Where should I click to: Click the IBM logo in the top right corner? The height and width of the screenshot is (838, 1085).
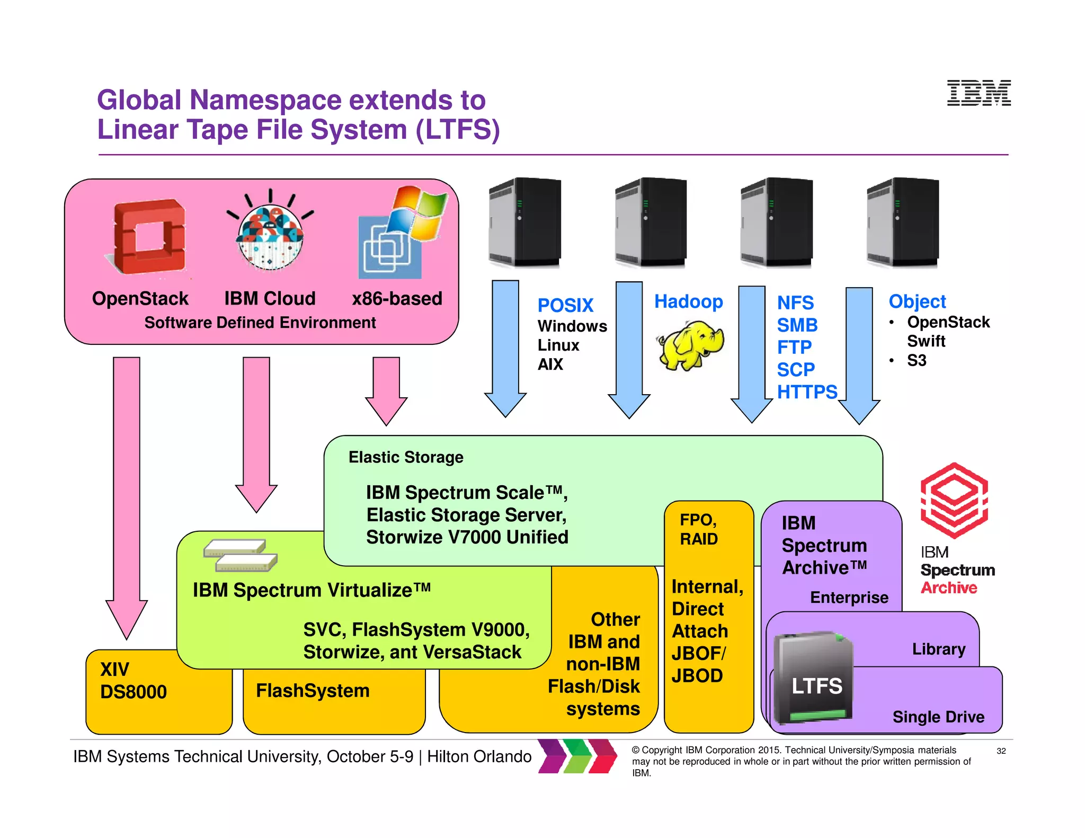tap(979, 93)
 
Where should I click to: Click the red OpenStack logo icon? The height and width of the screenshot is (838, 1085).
tap(149, 236)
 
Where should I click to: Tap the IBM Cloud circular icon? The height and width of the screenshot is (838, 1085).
tap(270, 236)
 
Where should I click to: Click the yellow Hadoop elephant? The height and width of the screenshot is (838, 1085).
tap(690, 345)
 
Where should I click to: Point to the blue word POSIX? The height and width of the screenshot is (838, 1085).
tap(565, 306)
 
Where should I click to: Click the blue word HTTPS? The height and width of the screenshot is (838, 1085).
tap(807, 392)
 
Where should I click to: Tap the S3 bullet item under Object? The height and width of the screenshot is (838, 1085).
tap(917, 361)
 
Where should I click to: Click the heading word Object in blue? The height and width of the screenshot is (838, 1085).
tap(917, 301)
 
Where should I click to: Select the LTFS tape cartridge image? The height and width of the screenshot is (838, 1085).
tap(814, 678)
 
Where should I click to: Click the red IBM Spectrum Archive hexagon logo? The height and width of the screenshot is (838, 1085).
tap(954, 500)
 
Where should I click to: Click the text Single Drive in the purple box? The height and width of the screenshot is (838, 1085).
tap(938, 717)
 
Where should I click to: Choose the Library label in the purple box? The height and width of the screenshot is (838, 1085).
tap(938, 649)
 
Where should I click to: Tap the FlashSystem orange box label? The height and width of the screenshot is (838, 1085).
tap(313, 691)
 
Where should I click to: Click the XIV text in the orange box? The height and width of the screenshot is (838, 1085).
tap(115, 670)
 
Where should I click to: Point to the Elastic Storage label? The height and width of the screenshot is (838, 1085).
tap(406, 457)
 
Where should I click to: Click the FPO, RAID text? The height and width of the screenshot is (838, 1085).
tap(699, 529)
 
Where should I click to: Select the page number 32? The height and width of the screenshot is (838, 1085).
tap(1001, 751)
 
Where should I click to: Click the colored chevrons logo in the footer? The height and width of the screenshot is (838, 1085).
tap(577, 756)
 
